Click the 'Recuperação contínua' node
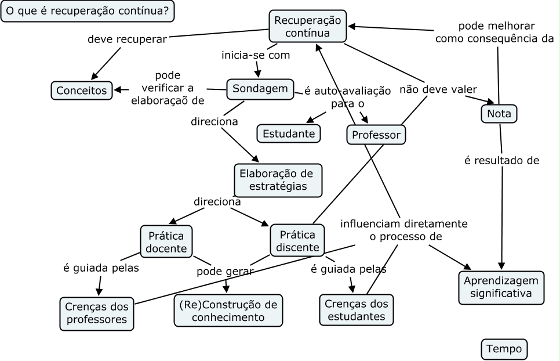(x=307, y=27)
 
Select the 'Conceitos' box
(x=81, y=91)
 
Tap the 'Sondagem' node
(x=260, y=89)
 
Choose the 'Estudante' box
(x=289, y=133)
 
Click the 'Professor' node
(x=376, y=135)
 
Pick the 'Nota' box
(x=499, y=114)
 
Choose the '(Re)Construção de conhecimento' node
(x=228, y=311)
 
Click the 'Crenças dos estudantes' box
(x=356, y=310)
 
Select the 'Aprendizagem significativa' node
(x=501, y=287)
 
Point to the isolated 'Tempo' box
(x=504, y=349)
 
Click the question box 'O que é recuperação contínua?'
(x=88, y=11)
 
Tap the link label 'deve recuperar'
(x=127, y=39)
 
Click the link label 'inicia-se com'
(x=256, y=56)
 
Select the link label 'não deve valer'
(x=438, y=89)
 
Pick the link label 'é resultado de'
(x=501, y=161)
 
